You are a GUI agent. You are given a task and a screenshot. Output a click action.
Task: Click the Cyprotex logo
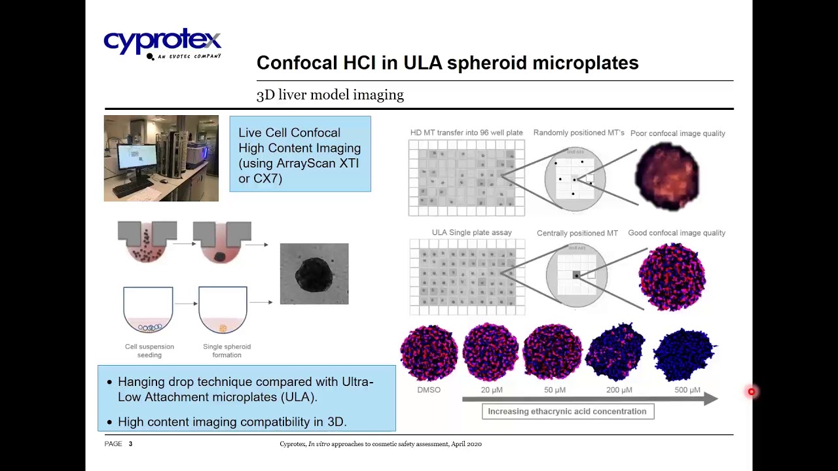tap(162, 43)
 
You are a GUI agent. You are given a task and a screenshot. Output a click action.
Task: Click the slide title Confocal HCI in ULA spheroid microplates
tap(447, 63)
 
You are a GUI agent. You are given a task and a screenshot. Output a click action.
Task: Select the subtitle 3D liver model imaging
tap(330, 95)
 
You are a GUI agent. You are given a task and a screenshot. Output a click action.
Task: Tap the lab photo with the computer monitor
tap(161, 158)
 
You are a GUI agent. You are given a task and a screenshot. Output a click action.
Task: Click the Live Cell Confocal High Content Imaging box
tap(300, 155)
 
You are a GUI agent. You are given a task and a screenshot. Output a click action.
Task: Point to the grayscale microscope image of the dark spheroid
tap(314, 274)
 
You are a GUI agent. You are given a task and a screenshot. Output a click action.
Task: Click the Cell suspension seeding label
tap(149, 351)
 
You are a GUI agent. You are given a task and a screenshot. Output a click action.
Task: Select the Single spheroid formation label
tap(227, 351)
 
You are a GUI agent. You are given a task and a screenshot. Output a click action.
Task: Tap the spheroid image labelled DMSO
tap(429, 353)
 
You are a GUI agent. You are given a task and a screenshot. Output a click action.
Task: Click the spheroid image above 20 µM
tap(491, 352)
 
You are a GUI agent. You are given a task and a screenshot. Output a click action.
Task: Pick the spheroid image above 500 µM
tap(685, 353)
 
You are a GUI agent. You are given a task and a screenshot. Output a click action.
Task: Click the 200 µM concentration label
tap(619, 390)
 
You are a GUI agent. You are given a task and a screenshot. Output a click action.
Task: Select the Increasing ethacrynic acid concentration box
tap(567, 411)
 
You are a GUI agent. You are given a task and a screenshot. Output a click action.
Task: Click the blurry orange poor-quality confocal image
tap(667, 175)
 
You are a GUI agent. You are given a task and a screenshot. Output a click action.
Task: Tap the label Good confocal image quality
tap(676, 233)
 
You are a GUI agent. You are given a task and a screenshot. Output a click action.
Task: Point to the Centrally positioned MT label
tap(577, 234)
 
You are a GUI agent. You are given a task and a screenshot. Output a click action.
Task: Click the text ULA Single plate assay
tap(471, 233)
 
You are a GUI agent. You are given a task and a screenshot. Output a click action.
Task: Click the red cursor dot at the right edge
tap(752, 392)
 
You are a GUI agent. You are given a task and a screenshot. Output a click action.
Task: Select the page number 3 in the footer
tap(130, 444)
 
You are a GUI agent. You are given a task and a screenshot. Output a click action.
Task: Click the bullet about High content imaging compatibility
tap(232, 422)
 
